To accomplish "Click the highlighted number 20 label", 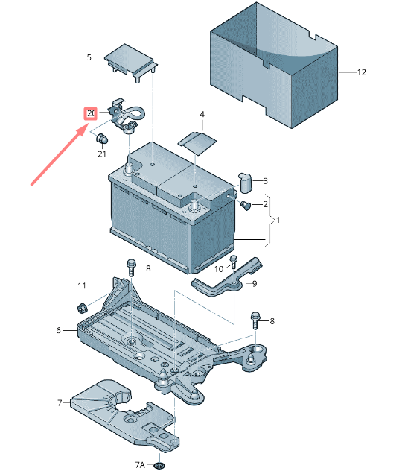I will pos(91,113).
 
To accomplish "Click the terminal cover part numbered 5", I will pos(130,60).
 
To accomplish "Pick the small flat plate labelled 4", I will pos(197,142).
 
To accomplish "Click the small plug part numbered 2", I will pos(246,205).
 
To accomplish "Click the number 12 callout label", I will pos(362,73).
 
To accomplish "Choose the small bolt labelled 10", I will pos(233,262).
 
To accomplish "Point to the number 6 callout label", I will pos(58,330).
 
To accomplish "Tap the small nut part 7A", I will pos(158,467).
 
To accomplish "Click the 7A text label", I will pos(140,464).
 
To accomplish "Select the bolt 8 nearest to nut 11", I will pos(132,265).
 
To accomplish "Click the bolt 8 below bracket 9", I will pos(256,319).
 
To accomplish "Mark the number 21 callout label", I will pos(101,154).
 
